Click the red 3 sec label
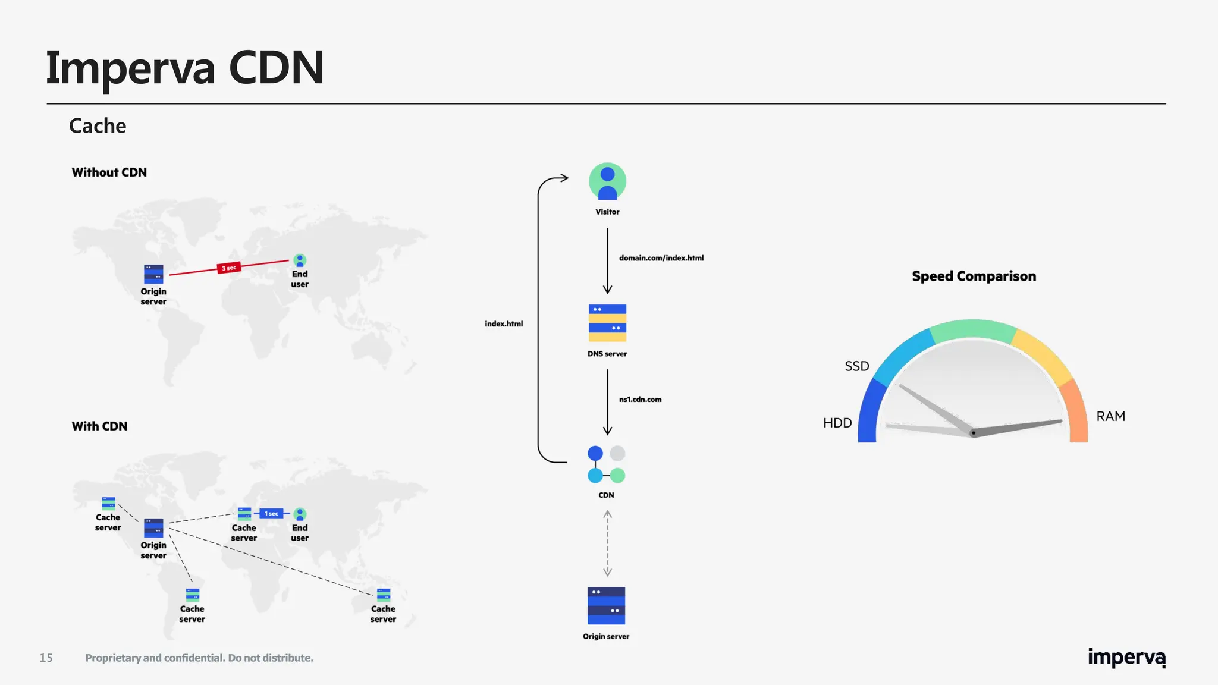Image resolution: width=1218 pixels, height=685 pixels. tap(229, 268)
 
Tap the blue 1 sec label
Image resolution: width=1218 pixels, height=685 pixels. tap(271, 513)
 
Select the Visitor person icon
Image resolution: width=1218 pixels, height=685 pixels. tap(607, 182)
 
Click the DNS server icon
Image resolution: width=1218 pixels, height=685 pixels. tap(607, 323)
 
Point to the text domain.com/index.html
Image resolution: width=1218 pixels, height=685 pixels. tap(661, 258)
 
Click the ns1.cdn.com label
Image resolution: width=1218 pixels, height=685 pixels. tap(640, 400)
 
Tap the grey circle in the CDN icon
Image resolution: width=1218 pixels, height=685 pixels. tap(618, 453)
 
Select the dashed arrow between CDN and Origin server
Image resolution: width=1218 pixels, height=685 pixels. tap(607, 543)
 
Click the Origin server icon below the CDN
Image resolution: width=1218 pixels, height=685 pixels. tap(606, 605)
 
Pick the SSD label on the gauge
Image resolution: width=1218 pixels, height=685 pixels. tap(857, 366)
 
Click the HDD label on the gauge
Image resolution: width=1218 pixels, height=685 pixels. tap(837, 423)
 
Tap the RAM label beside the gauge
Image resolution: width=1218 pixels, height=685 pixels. tap(1110, 416)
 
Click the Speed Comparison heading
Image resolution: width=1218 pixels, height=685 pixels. tap(974, 276)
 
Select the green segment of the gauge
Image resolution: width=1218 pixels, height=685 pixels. tap(973, 329)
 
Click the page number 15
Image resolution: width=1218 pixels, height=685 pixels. tap(46, 658)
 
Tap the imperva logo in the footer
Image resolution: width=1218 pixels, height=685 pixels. tap(1126, 658)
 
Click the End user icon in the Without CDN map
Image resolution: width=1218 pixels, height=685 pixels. tap(300, 260)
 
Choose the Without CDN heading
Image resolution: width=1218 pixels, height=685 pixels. tap(109, 172)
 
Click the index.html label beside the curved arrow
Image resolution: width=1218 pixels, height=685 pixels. tap(504, 324)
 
